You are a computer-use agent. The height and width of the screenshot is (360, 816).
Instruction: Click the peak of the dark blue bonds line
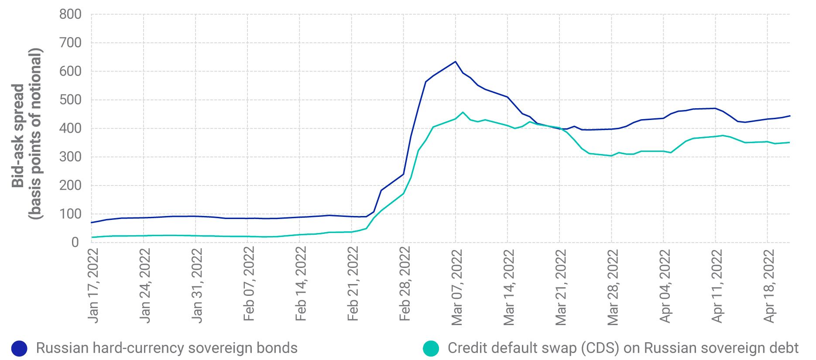click(x=455, y=62)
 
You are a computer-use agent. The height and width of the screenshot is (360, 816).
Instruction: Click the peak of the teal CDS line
click(x=463, y=112)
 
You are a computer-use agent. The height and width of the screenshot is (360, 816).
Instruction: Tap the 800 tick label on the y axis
click(x=70, y=14)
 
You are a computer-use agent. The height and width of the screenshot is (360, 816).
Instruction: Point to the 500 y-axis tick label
click(x=70, y=100)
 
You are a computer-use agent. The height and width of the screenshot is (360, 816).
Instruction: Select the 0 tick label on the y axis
click(x=75, y=243)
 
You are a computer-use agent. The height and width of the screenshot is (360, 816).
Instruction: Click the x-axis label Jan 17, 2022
click(x=93, y=285)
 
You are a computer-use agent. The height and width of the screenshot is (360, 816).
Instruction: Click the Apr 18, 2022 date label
click(x=769, y=286)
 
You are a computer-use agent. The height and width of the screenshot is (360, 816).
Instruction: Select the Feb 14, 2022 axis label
click(x=301, y=284)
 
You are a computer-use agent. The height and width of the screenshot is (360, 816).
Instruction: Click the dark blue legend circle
click(x=19, y=348)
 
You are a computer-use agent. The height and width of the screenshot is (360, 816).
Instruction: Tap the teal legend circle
click(x=431, y=348)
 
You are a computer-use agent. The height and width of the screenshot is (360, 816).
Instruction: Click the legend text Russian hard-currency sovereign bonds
click(x=167, y=348)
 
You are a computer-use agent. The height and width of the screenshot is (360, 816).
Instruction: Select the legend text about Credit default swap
click(x=623, y=348)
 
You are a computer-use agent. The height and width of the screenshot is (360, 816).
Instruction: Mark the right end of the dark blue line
click(x=790, y=116)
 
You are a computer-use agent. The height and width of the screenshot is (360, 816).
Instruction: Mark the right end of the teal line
click(x=790, y=142)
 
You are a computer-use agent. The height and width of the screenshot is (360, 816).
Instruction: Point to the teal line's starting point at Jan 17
click(x=92, y=237)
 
